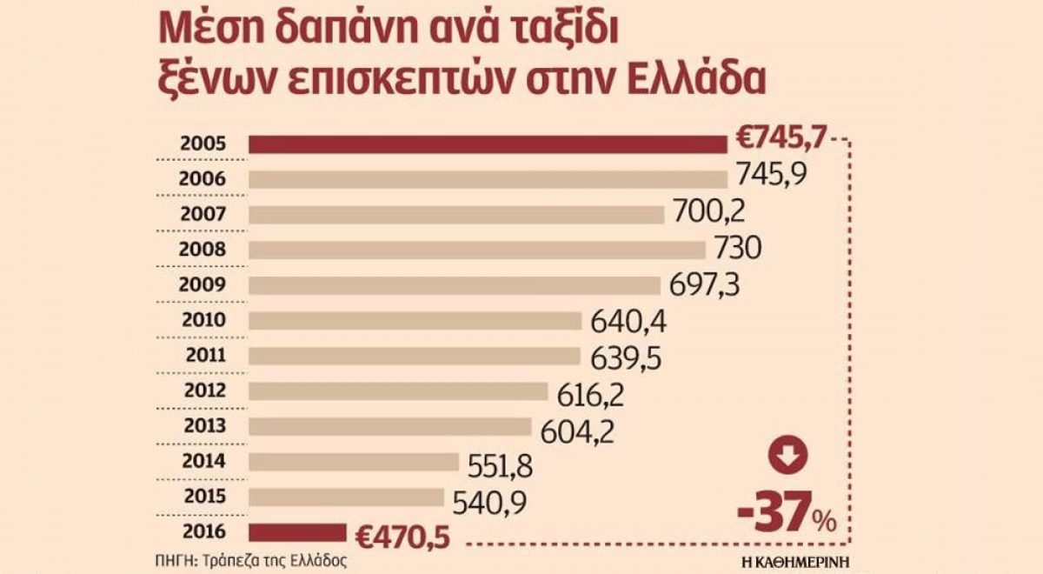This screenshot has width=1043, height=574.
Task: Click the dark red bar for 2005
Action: click(488, 143)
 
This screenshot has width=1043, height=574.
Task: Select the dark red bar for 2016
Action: click(297, 532)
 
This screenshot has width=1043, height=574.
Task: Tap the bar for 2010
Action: click(415, 320)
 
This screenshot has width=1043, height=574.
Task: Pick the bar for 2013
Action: click(390, 426)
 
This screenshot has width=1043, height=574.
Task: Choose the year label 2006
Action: click(205, 178)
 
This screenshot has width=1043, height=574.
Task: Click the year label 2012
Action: click(205, 390)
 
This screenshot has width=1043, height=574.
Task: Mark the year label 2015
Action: click(205, 496)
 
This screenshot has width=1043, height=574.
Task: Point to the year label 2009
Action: click(205, 284)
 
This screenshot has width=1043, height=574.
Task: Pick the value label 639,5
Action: click(623, 357)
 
